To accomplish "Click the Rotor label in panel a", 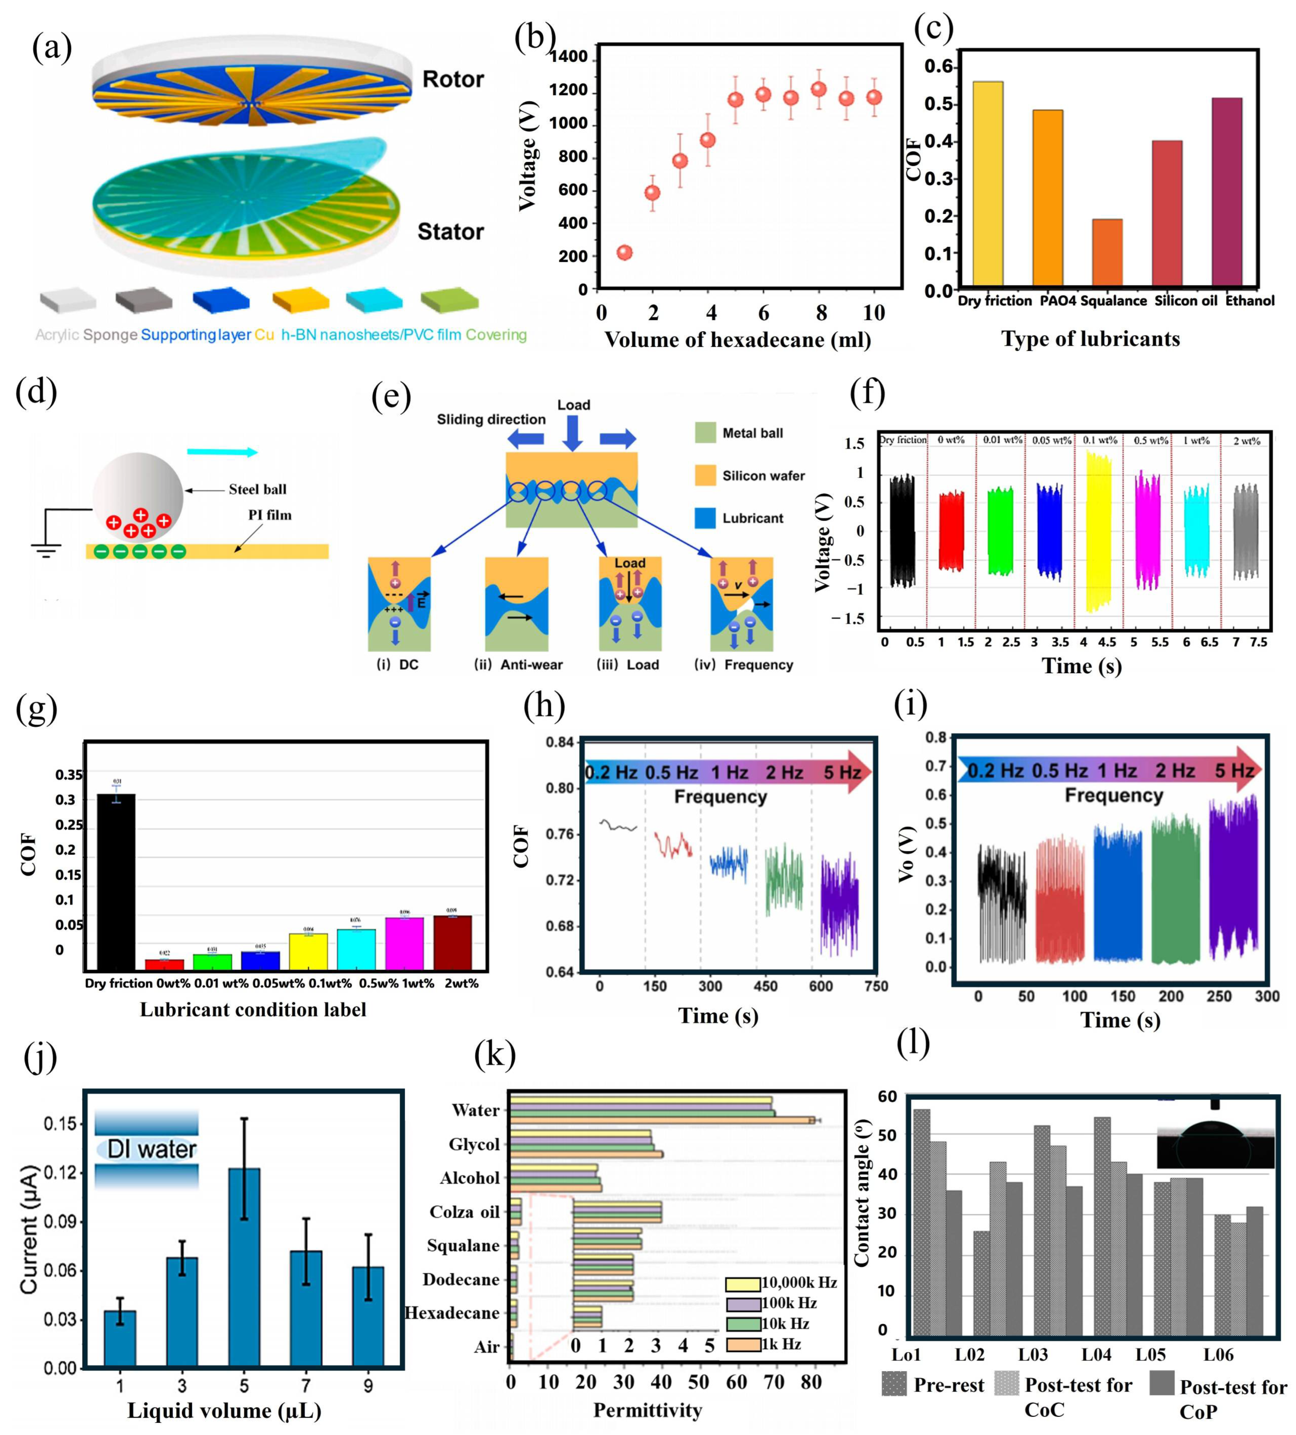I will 453,79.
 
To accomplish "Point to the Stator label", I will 450,232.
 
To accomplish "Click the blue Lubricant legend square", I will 705,517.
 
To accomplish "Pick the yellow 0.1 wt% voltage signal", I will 1099,532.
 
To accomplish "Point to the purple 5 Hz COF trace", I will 839,904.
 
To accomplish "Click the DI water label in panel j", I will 151,1149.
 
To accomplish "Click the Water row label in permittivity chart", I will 476,1110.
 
